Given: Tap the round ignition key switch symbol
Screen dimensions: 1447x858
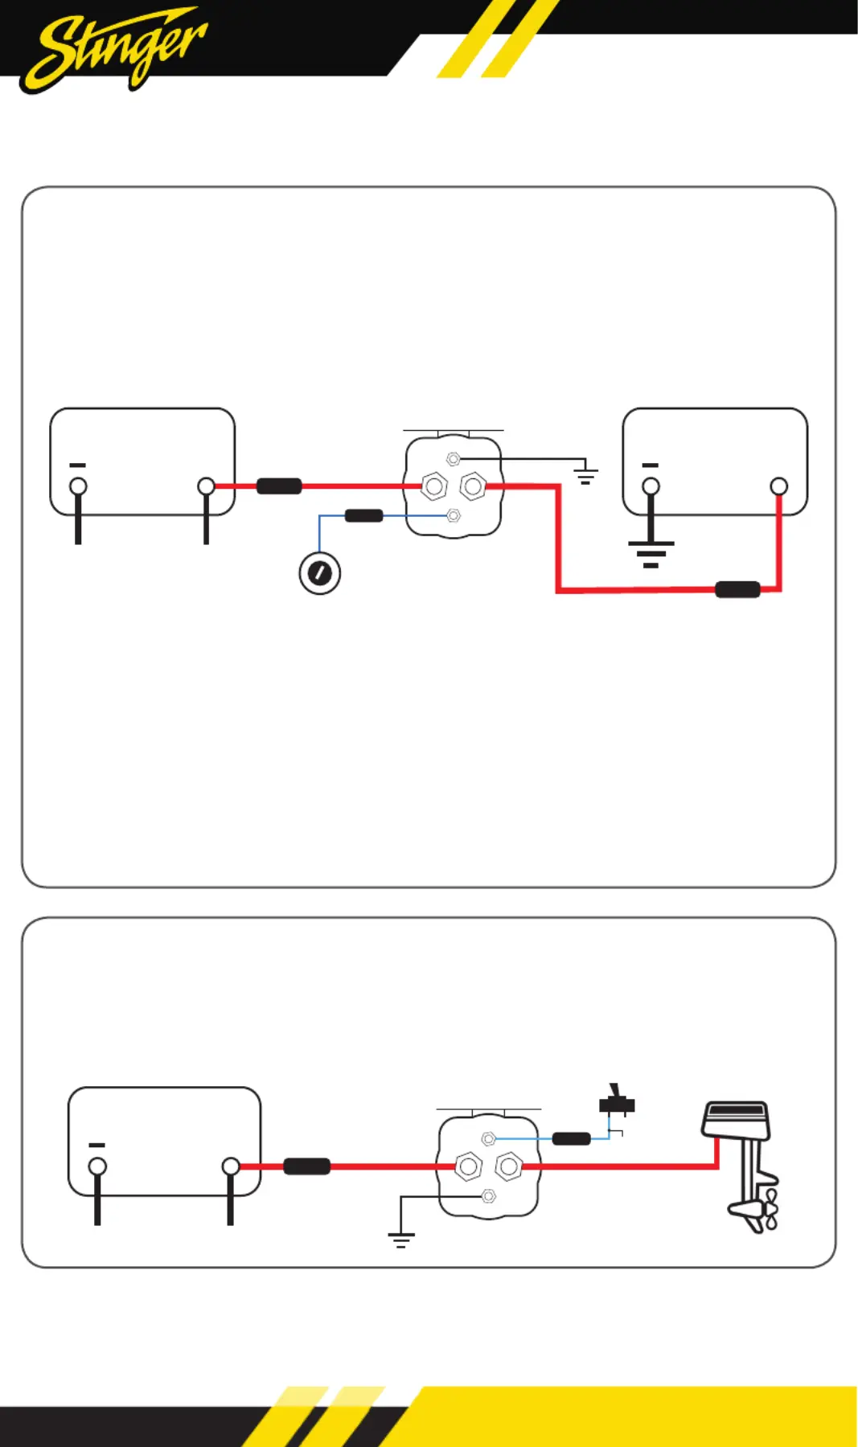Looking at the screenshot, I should click(319, 573).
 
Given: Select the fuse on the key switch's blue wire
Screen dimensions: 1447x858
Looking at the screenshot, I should click(363, 515).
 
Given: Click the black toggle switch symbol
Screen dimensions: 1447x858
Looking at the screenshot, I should click(617, 1103).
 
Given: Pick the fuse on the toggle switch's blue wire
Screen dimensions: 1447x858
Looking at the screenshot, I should click(571, 1138).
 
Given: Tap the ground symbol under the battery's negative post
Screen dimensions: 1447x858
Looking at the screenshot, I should click(651, 553).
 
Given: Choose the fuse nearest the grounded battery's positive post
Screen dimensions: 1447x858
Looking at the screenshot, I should click(737, 589).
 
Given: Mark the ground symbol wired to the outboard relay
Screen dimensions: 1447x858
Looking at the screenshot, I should click(400, 1239).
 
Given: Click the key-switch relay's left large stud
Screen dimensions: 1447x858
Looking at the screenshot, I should click(434, 486).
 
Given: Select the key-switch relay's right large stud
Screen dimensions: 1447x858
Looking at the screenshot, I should click(473, 486).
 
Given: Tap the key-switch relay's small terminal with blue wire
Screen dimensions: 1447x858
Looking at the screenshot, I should click(454, 515).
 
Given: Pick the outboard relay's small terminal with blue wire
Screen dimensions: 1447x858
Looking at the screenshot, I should click(488, 1138).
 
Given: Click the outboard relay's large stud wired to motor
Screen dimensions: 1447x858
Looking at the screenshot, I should click(508, 1166).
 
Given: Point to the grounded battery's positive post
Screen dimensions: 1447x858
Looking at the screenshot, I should click(778, 486).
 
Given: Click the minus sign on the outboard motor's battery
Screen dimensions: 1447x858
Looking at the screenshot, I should click(96, 1145).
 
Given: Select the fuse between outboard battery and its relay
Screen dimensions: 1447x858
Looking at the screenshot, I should click(307, 1166).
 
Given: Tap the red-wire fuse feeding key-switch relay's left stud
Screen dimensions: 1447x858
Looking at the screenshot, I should click(279, 486).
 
